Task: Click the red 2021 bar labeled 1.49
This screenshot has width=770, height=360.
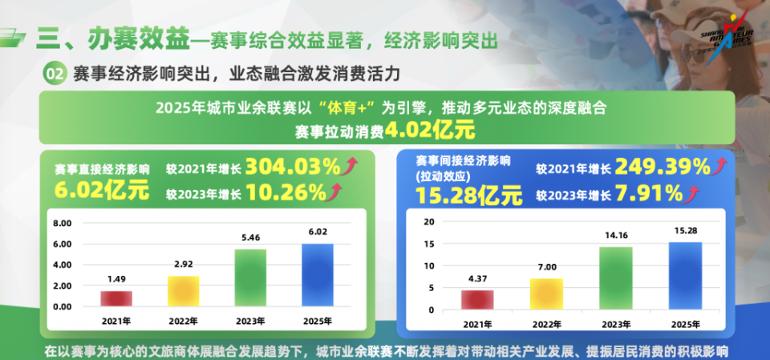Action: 116,298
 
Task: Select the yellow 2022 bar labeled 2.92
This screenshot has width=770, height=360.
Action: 184,291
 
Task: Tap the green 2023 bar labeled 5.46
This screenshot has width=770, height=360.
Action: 250,277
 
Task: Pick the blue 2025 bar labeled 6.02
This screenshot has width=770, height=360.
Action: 317,275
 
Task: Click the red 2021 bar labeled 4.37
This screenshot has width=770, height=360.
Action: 477,300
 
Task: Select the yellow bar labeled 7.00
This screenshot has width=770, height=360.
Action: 545,294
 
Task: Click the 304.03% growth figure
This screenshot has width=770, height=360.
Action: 293,167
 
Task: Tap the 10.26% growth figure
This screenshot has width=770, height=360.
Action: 286,192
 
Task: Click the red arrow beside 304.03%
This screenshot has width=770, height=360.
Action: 350,166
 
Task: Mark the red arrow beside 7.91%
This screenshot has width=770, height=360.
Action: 691,192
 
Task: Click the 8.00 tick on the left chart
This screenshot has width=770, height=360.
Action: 62,223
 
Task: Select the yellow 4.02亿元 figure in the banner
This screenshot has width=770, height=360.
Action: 430,130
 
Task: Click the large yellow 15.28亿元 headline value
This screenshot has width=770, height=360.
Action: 468,194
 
